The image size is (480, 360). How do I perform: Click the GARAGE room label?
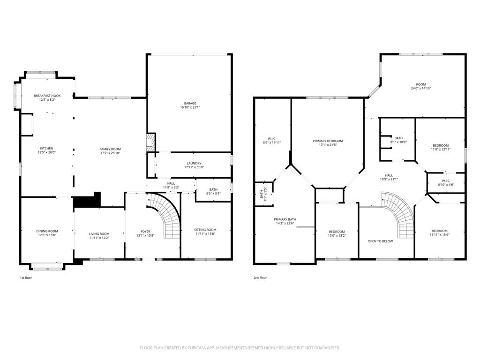click(190, 103)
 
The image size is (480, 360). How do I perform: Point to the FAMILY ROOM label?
click(110, 149)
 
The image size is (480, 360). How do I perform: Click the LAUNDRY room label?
click(194, 163)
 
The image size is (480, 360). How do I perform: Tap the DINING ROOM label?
click(47, 231)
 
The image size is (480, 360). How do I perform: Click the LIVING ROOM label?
click(99, 233)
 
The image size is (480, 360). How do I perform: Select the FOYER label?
click(145, 231)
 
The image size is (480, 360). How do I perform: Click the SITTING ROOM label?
click(205, 230)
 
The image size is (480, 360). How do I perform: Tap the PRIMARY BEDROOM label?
click(328, 141)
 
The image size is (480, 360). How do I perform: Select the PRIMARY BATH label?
click(285, 219)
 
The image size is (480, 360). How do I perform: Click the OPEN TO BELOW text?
click(380, 241)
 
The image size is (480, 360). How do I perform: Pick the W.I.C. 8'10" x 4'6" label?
click(446, 180)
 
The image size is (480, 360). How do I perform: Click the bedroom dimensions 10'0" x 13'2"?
click(337, 235)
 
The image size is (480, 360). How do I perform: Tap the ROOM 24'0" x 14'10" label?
click(421, 84)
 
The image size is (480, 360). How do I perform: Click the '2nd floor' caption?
click(260, 277)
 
